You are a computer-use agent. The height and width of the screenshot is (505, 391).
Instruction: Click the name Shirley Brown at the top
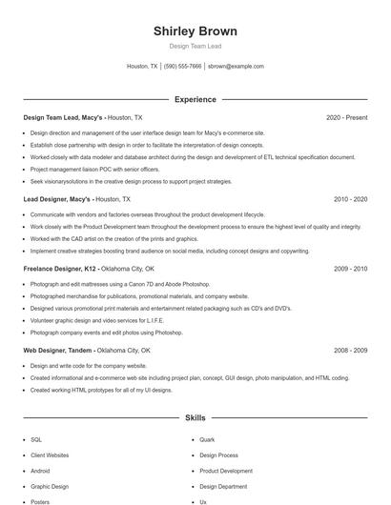(x=195, y=31)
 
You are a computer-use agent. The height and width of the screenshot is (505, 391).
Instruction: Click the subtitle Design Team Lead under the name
(x=195, y=46)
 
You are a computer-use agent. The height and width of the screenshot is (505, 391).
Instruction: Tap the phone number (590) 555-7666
(x=183, y=67)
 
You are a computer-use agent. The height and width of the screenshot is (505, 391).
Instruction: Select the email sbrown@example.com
(x=236, y=67)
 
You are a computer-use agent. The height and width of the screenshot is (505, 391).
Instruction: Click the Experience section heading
(x=195, y=99)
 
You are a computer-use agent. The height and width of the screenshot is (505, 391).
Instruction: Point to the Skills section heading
(x=195, y=417)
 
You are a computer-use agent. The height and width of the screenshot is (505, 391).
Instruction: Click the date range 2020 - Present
(x=346, y=117)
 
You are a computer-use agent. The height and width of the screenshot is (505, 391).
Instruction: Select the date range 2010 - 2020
(x=350, y=199)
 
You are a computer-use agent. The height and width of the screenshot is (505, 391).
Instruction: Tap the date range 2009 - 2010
(x=350, y=270)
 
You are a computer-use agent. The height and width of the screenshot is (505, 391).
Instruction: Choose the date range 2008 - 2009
(x=350, y=351)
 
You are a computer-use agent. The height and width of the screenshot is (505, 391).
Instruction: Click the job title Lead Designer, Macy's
(x=57, y=199)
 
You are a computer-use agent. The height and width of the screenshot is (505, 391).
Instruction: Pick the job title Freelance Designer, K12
(x=59, y=270)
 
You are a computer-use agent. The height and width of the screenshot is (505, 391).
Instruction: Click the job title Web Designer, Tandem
(x=58, y=351)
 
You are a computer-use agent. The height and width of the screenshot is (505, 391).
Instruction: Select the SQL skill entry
(x=36, y=440)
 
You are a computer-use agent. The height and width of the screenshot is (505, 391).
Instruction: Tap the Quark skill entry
(x=207, y=440)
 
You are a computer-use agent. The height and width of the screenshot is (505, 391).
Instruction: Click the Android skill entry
(x=40, y=471)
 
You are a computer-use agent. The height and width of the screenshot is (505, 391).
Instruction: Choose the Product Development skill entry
(x=226, y=471)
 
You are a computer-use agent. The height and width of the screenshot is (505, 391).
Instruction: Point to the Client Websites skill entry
(x=50, y=455)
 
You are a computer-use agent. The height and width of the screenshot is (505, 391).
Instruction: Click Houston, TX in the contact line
(x=142, y=67)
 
